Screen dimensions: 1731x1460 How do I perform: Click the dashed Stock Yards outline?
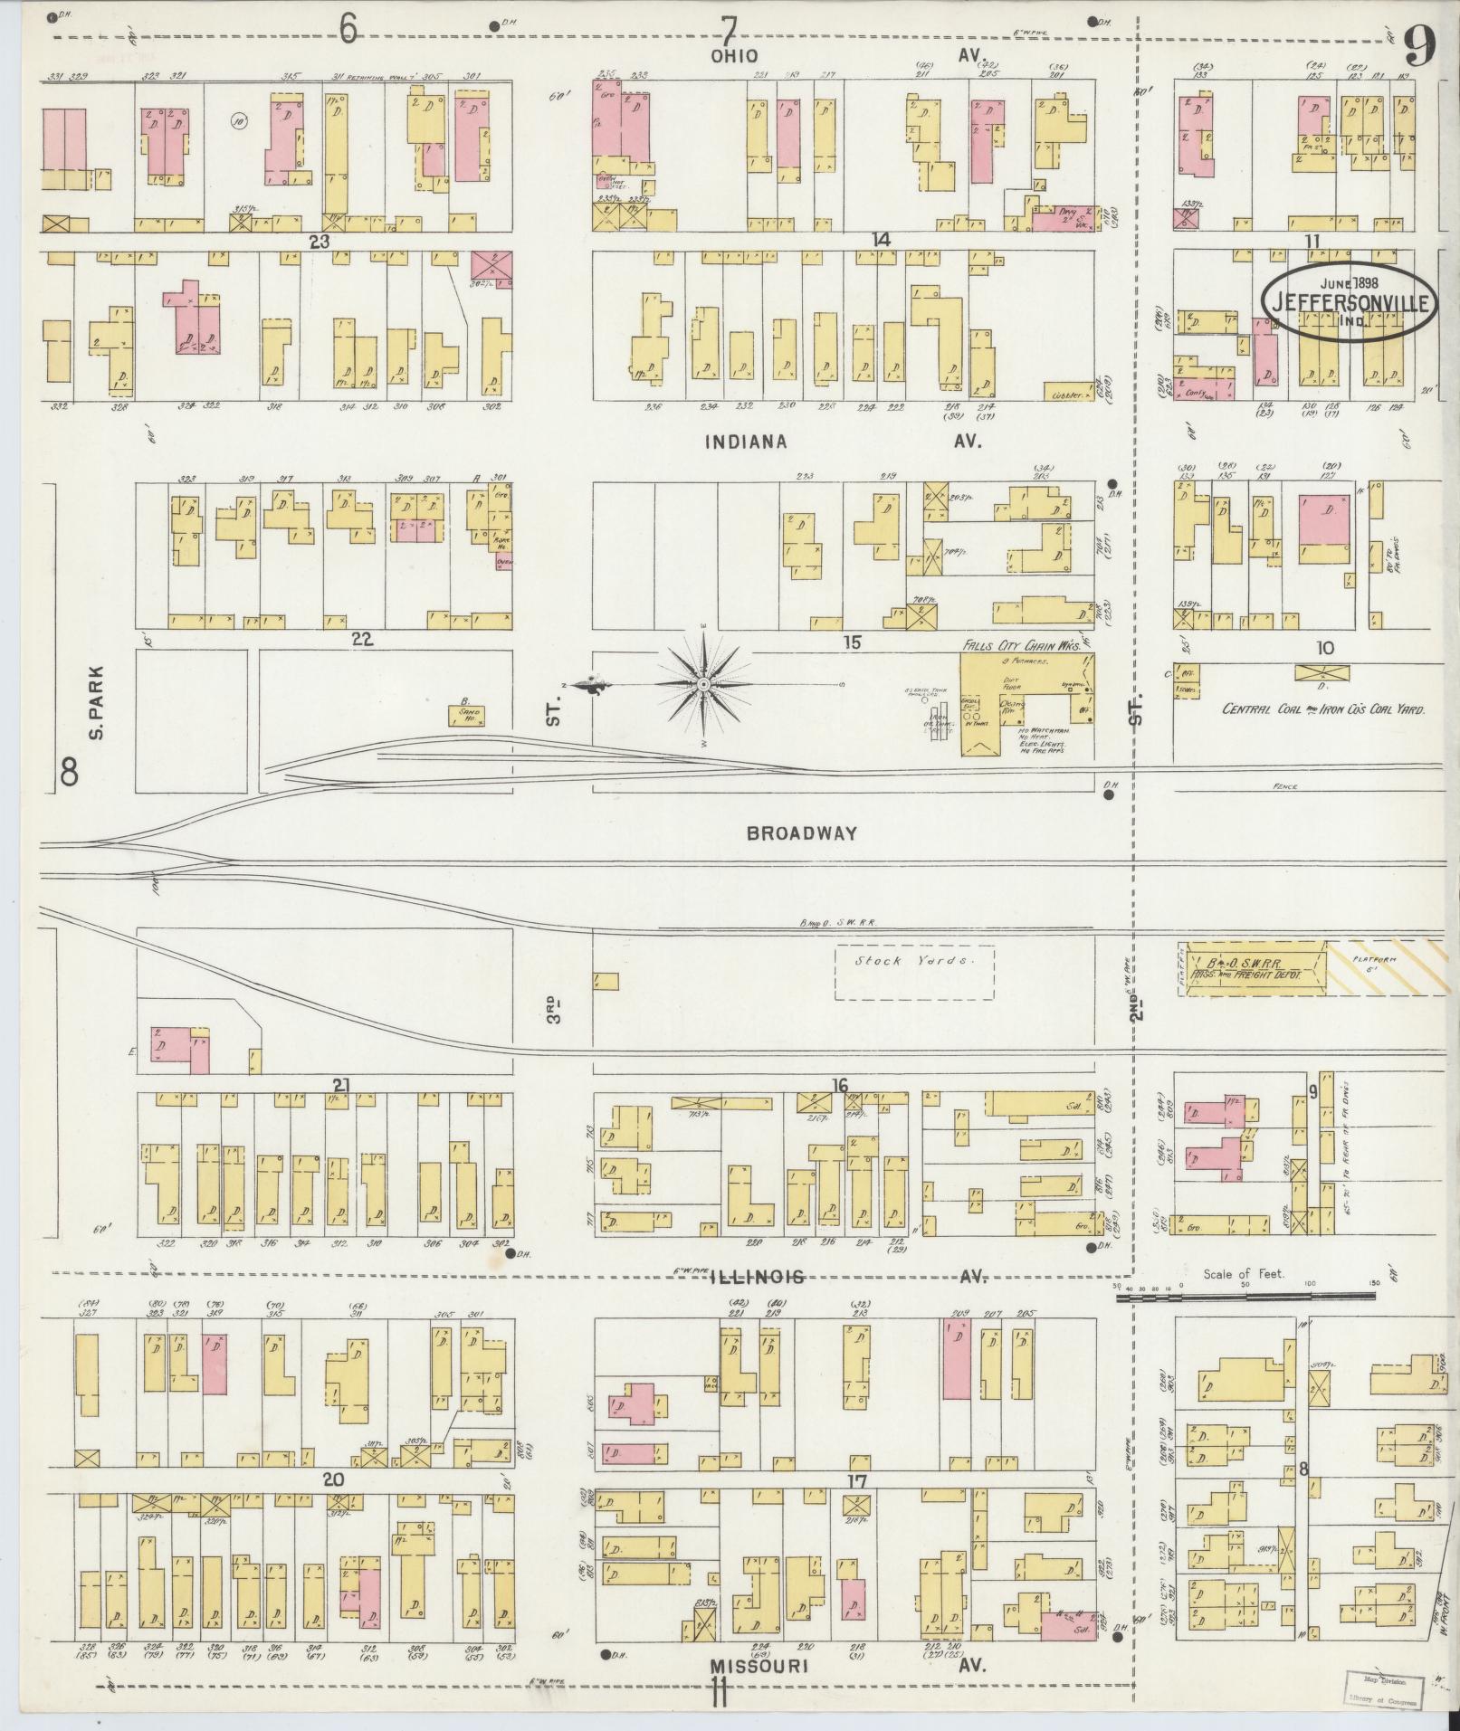(x=913, y=972)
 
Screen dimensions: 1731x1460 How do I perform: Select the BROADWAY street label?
(x=801, y=833)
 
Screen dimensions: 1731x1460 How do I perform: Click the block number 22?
(x=363, y=640)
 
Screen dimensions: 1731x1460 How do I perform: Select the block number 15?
(x=851, y=642)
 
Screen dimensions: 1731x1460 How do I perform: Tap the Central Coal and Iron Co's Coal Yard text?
(x=1322, y=710)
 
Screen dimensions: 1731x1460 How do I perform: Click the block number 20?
(x=334, y=1479)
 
